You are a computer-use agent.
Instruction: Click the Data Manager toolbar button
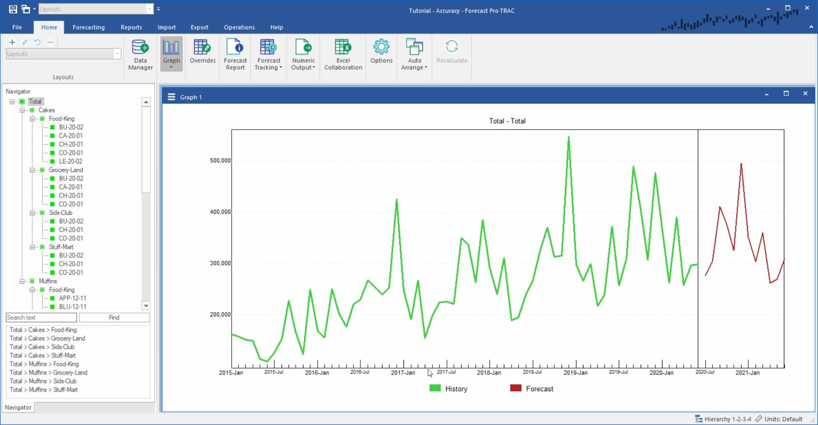[140, 55]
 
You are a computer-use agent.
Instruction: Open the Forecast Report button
[235, 55]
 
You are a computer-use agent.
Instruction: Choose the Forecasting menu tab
[88, 27]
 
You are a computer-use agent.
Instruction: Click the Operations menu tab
[239, 27]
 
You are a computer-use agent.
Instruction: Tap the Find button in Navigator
[114, 317]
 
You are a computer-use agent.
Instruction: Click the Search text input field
[41, 317]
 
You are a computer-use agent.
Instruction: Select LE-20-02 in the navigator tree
[71, 161]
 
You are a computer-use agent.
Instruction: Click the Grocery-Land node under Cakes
[66, 170]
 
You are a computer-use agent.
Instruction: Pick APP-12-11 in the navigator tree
[73, 298]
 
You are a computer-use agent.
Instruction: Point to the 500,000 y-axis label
[220, 161]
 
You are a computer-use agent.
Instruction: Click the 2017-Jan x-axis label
[403, 372]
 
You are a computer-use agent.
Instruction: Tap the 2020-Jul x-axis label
[705, 372]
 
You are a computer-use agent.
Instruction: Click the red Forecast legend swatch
[515, 388]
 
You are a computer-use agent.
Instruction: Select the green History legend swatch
[435, 388]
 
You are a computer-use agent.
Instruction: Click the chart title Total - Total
[507, 121]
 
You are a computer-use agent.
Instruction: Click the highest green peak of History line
[568, 138]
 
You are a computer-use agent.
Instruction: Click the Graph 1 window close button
[805, 93]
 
